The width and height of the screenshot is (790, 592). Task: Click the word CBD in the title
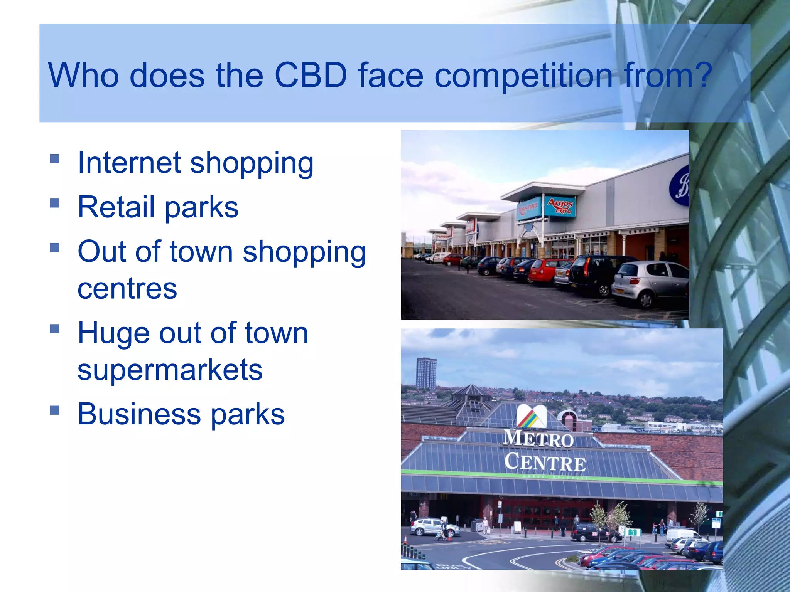click(x=311, y=75)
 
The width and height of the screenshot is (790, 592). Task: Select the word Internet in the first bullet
click(x=129, y=163)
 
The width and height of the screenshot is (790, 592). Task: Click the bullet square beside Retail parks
click(x=54, y=203)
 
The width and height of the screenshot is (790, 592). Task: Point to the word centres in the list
click(x=127, y=289)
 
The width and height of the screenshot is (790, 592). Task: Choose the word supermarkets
click(x=170, y=370)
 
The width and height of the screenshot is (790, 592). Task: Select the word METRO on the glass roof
click(x=538, y=439)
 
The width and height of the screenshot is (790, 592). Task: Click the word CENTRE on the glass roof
click(x=545, y=462)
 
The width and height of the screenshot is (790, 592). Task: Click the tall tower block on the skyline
click(x=426, y=373)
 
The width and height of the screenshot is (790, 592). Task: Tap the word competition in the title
click(x=523, y=75)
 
